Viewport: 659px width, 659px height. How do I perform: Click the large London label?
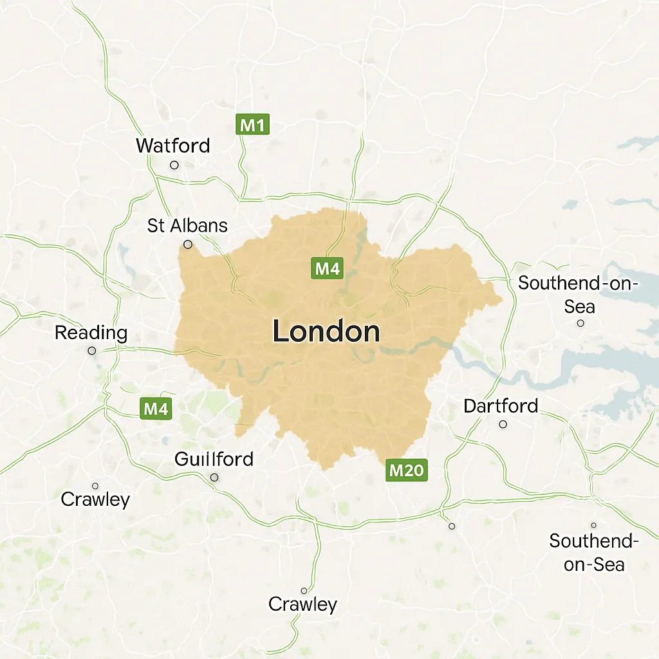[x=326, y=332]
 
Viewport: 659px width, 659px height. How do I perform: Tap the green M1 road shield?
[x=252, y=125]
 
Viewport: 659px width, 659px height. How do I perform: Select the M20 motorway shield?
[x=407, y=470]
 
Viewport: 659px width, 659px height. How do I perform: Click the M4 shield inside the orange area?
[x=326, y=268]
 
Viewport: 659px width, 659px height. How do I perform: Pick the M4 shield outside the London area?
[x=156, y=408]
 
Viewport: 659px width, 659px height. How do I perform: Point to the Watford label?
[x=172, y=145]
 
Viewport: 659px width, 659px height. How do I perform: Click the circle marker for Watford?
[x=174, y=165]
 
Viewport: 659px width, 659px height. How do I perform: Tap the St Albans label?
[x=187, y=226]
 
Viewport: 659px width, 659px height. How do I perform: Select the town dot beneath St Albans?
[x=188, y=245]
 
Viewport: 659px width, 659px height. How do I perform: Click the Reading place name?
[x=91, y=333]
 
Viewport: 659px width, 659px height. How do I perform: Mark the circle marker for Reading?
[x=92, y=351]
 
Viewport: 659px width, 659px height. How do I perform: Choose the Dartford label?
[x=501, y=406]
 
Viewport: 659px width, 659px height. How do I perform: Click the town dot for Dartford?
[x=503, y=424]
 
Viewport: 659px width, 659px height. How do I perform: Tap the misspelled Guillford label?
[x=214, y=459]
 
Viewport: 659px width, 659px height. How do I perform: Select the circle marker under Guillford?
[x=214, y=478]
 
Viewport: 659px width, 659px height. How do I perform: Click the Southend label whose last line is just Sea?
[x=579, y=294]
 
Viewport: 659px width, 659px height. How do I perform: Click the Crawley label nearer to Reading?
[x=95, y=499]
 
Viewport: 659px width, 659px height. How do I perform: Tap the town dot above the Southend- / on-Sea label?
[x=593, y=525]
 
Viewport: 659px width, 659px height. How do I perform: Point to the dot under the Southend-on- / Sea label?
[x=580, y=323]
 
